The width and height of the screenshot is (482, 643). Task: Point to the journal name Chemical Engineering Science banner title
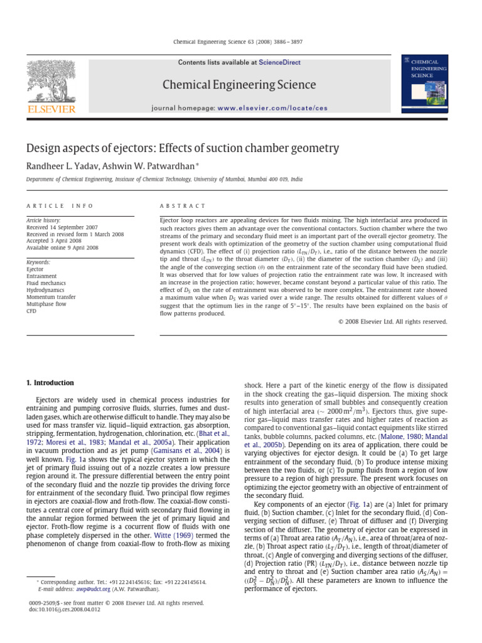click(239, 85)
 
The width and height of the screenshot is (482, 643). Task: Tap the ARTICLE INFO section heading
click(60, 206)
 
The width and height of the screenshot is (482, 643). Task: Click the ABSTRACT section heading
click(183, 206)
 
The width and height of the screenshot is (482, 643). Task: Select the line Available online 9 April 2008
click(62, 248)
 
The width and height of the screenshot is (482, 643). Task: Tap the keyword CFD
click(31, 311)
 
